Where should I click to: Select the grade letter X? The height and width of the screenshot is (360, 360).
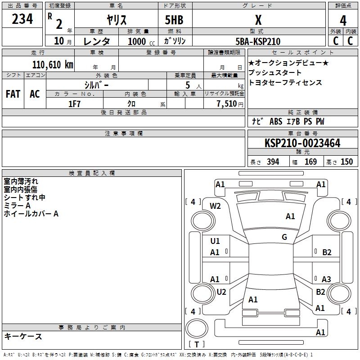point(258,20)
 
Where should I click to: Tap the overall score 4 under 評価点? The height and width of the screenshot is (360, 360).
point(343,20)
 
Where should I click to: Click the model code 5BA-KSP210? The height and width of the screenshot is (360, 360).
point(258,41)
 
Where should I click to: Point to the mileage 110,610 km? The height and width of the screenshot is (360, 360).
point(52,64)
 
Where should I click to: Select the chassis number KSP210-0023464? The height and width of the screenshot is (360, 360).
point(302,144)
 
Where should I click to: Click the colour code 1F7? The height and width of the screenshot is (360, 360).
point(75,103)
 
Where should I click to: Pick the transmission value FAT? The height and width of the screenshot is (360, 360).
point(13,94)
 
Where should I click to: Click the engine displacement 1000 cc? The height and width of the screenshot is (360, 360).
point(140,41)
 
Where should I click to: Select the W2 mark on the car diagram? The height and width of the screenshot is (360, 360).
point(215,206)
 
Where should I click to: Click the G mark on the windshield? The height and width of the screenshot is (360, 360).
point(284,237)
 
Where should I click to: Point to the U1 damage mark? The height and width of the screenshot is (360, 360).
point(215,241)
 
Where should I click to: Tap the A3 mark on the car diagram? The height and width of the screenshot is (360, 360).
point(326,279)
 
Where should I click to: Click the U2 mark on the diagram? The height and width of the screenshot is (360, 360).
point(221,292)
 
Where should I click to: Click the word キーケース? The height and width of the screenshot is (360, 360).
point(23,336)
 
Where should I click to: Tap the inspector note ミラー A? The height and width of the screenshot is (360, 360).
point(17,206)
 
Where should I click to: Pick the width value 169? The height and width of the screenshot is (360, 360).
point(310,162)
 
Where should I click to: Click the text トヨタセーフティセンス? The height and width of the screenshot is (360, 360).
point(285,83)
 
